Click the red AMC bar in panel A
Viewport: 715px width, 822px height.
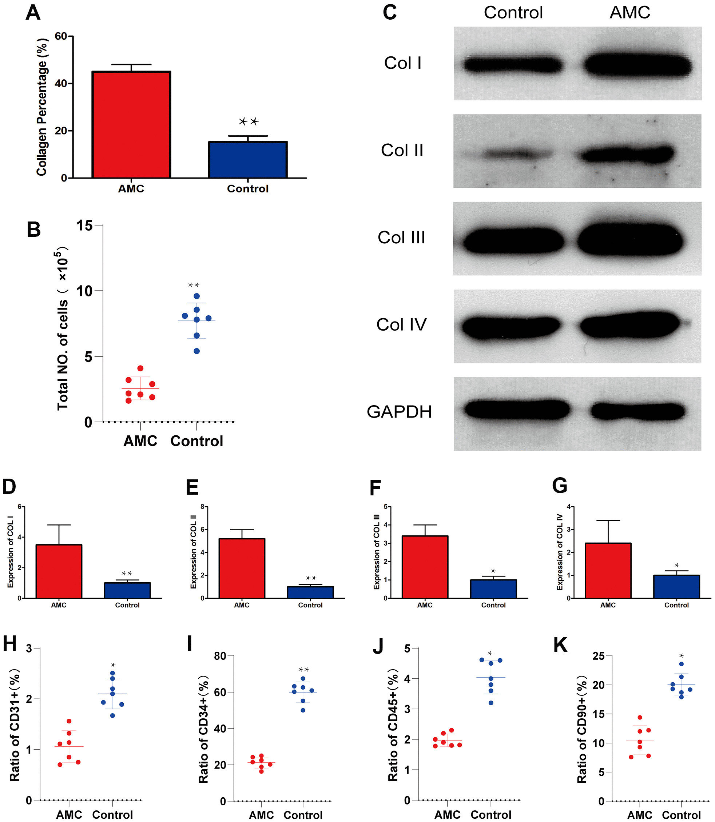tap(131, 124)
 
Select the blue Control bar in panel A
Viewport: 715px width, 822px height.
tap(248, 160)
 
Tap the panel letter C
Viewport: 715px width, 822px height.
tap(389, 12)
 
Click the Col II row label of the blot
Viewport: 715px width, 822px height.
tap(402, 150)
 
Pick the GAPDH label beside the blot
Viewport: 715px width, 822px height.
tap(399, 412)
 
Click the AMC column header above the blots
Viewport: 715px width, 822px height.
tap(629, 12)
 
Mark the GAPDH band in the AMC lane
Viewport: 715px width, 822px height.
tap(637, 412)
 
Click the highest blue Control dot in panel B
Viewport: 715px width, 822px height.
tap(197, 296)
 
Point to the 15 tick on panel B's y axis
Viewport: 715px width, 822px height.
tap(84, 226)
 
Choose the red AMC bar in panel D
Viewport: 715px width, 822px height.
tap(59, 571)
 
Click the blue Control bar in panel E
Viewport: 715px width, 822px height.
tap(310, 592)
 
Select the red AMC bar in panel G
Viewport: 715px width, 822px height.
tap(608, 570)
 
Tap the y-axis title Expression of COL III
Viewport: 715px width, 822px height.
tap(376, 552)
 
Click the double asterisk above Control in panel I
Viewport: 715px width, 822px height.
tap(303, 670)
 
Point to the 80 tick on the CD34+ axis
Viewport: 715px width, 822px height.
tap(220, 656)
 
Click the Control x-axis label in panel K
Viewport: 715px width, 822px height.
tap(681, 815)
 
